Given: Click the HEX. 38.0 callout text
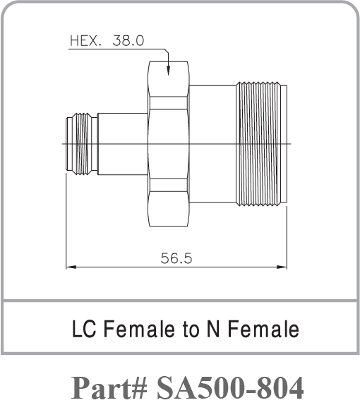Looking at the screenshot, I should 107,41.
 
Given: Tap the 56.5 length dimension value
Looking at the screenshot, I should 176,258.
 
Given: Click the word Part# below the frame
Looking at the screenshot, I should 109,387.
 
